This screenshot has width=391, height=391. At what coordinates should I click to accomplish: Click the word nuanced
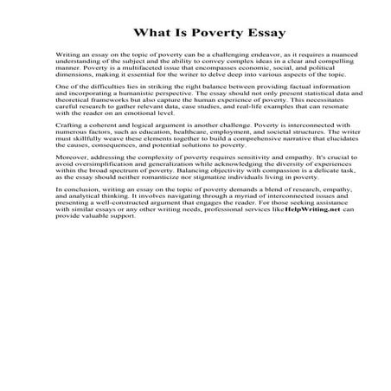[318, 54]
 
